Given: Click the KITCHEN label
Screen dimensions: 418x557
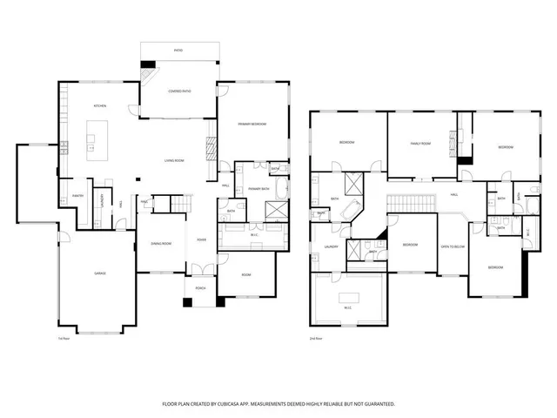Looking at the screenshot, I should pos(99,106).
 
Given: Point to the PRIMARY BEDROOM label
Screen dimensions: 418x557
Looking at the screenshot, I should pos(252,125).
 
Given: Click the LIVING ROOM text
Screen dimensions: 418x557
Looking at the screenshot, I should pos(174,161).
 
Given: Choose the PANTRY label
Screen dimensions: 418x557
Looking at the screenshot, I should pos(77,196).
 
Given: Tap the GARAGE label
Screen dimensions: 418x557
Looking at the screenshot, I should pos(100,273).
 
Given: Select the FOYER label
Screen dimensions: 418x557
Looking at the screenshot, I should pos(201,239).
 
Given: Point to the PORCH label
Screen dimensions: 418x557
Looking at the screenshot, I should pos(200,288).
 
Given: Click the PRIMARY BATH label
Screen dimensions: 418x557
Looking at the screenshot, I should pos(258,189).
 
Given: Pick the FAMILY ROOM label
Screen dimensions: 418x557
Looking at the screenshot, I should pos(420,143).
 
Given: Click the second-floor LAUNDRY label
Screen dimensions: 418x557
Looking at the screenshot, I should pos(331,247).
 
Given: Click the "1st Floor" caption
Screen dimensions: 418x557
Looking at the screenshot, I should pos(63,339).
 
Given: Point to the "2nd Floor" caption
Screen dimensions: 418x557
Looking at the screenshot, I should pos(316,339).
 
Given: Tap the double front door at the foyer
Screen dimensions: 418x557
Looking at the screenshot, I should pos(200,267).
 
